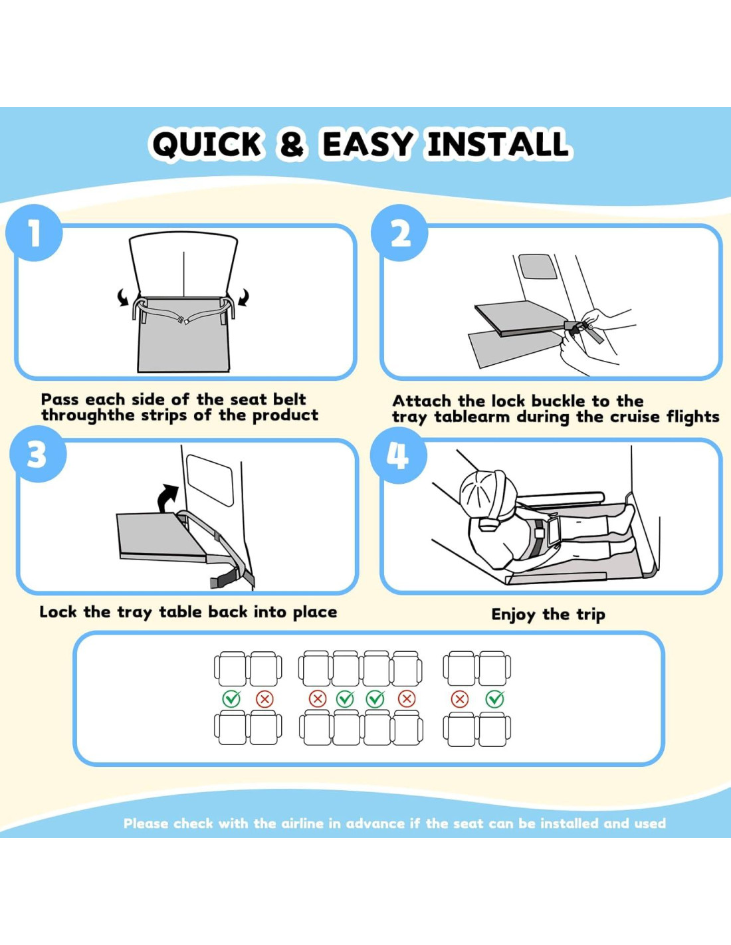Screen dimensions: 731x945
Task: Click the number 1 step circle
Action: (x=34, y=233)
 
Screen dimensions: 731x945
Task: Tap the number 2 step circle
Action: (x=399, y=233)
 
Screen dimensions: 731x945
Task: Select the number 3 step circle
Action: (x=38, y=455)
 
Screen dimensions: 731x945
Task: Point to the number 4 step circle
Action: (x=398, y=455)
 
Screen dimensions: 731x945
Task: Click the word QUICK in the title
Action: (x=207, y=144)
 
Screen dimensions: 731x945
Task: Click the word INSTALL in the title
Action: (x=498, y=144)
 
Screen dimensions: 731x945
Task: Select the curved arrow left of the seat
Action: (x=123, y=298)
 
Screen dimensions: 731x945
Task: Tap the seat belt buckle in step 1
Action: (x=183, y=321)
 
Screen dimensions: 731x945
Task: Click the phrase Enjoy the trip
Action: (x=548, y=615)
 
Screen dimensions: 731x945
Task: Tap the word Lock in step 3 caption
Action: (x=58, y=612)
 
